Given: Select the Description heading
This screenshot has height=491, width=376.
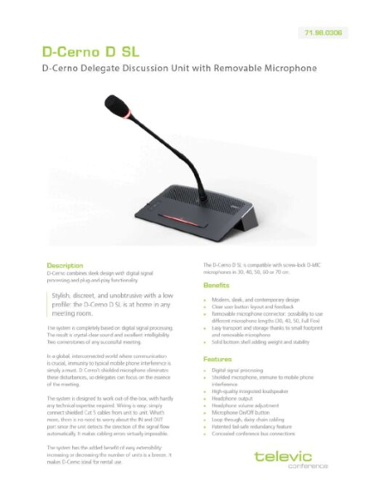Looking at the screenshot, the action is tap(64, 267).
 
